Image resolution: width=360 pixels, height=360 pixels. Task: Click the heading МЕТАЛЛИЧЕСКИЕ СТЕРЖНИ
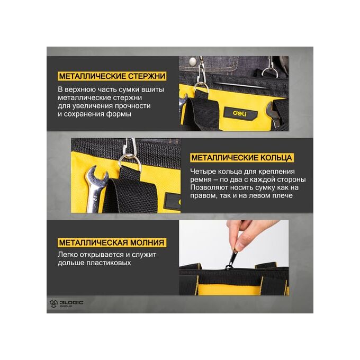[x=112, y=76]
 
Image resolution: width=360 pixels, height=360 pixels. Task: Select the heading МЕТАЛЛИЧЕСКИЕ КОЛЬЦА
[x=242, y=158]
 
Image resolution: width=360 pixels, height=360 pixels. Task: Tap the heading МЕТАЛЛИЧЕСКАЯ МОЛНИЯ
[x=112, y=242]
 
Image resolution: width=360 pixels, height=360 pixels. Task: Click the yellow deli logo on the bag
[x=240, y=113]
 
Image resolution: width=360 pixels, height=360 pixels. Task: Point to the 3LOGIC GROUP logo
[x=66, y=303]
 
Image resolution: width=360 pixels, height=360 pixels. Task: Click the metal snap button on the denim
[x=192, y=61]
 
